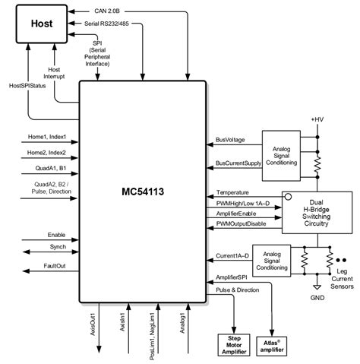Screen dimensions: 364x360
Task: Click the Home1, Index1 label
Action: point(46,137)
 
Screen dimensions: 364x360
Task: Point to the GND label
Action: point(317,298)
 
